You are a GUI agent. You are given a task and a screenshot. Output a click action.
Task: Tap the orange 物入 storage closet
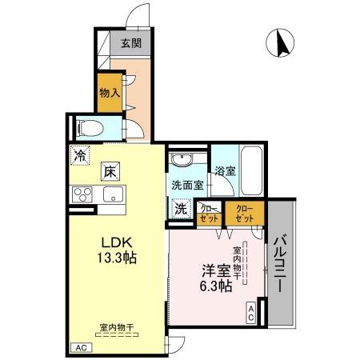(109, 93)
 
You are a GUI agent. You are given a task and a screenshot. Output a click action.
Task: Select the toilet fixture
(90, 126)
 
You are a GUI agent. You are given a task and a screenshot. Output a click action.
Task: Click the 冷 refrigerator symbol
(80, 156)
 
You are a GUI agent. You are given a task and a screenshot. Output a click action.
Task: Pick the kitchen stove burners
(83, 194)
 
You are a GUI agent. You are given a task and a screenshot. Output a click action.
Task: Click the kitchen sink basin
(110, 194)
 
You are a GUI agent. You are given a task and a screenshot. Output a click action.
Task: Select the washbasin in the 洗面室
(181, 160)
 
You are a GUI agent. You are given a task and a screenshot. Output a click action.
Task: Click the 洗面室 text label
(186, 185)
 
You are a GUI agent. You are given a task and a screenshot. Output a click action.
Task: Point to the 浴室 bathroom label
(226, 170)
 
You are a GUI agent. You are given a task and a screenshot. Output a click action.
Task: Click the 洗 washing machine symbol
(182, 208)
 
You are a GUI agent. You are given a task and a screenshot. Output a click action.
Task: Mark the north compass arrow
(282, 43)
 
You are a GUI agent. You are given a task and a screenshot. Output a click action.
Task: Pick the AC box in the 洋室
(250, 314)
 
